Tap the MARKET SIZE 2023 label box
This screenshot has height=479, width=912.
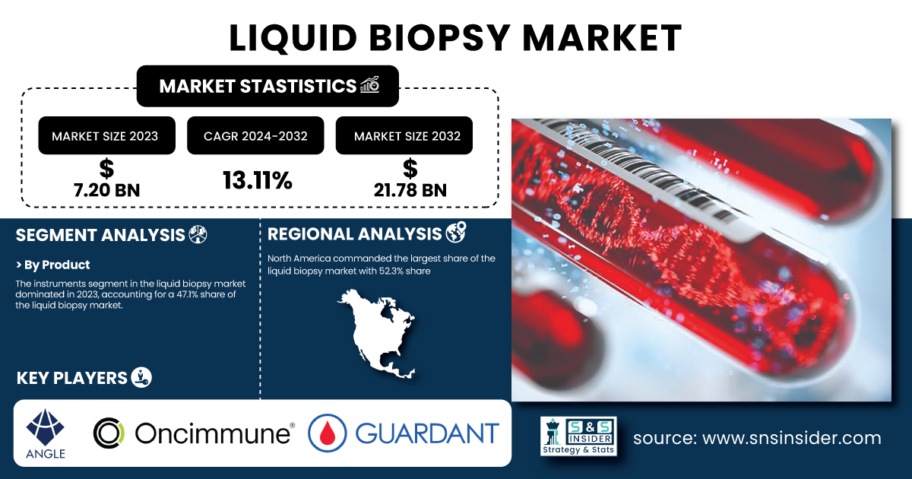[x=106, y=135]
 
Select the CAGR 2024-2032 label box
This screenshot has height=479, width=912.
[x=255, y=135]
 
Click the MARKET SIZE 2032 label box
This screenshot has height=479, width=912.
[x=404, y=135]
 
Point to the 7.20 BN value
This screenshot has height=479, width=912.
[x=106, y=190]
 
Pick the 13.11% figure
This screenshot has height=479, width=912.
[x=258, y=180]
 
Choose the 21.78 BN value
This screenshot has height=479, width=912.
[x=410, y=190]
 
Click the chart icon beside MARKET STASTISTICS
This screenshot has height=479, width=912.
[x=370, y=84]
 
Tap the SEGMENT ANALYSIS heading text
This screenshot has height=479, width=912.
[x=100, y=235]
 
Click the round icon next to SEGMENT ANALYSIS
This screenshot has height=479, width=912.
[x=198, y=235]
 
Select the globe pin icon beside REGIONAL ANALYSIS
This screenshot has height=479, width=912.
[x=456, y=232]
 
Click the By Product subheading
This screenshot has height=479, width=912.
[x=52, y=265]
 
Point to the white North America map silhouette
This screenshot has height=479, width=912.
[x=378, y=333]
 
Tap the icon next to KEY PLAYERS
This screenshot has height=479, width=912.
[x=141, y=377]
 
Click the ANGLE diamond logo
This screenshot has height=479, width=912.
[x=45, y=427]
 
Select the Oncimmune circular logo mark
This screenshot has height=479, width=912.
[x=109, y=433]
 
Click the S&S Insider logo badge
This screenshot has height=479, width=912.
[x=578, y=436]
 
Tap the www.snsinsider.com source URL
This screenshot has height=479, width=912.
[x=792, y=438]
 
